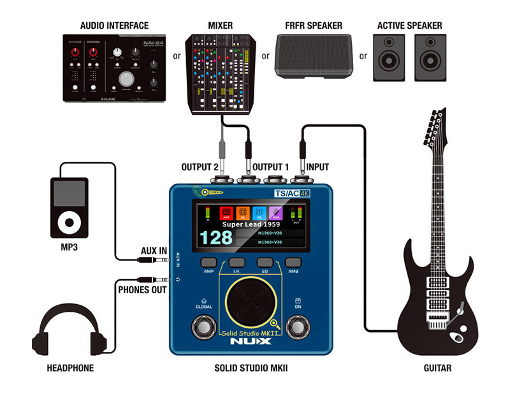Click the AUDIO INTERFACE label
(115, 26)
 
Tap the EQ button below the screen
(265, 262)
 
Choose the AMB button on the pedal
(293, 262)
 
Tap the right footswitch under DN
(297, 327)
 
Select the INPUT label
(317, 167)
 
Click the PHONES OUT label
(143, 290)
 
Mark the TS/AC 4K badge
(291, 193)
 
